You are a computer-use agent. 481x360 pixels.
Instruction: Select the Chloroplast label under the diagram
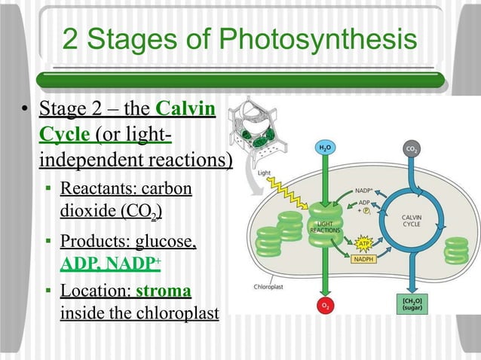pos(270,285)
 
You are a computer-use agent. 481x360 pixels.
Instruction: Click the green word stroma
pos(164,291)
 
